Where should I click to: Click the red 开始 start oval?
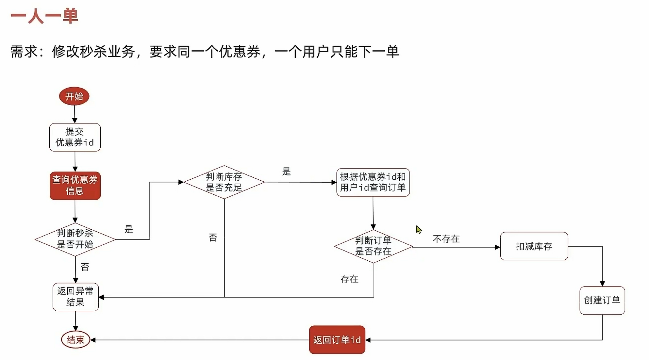(74, 96)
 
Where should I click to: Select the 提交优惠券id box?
(75, 137)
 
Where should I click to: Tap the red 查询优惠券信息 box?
(75, 186)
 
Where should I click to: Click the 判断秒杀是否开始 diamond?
(75, 239)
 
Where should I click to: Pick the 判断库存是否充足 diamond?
(224, 182)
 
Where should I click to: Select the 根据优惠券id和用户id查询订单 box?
(373, 182)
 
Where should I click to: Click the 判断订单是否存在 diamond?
(373, 246)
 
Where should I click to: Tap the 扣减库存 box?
(534, 246)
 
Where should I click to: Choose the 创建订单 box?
(602, 300)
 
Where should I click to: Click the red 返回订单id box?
(337, 340)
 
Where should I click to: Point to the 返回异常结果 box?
(75, 297)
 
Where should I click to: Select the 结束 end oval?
(75, 340)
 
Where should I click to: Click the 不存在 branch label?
(446, 239)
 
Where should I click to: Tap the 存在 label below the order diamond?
(349, 279)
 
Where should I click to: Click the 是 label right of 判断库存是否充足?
(287, 172)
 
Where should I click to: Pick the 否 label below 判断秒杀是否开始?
(85, 267)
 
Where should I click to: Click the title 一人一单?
(44, 16)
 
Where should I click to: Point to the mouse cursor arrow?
(419, 229)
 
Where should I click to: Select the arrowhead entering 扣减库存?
(497, 247)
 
